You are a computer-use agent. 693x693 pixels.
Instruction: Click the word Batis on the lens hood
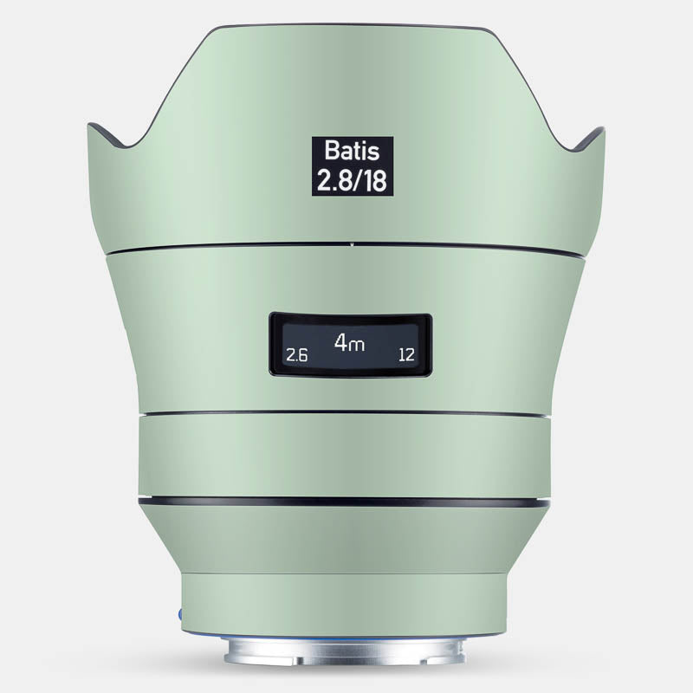[x=352, y=150]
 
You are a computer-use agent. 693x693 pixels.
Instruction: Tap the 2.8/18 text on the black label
[x=352, y=180]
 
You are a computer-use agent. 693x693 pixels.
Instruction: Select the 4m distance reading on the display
[x=349, y=342]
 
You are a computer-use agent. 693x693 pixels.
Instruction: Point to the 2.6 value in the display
[x=296, y=355]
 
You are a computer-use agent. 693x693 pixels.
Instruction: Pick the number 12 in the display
[x=406, y=354]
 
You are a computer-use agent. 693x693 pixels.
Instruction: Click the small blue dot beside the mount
[x=180, y=614]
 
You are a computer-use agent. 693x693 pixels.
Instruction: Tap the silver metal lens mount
[x=344, y=652]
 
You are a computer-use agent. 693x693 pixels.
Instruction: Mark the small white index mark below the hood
[x=352, y=243]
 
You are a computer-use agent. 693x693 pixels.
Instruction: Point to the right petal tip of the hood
[x=602, y=128]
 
